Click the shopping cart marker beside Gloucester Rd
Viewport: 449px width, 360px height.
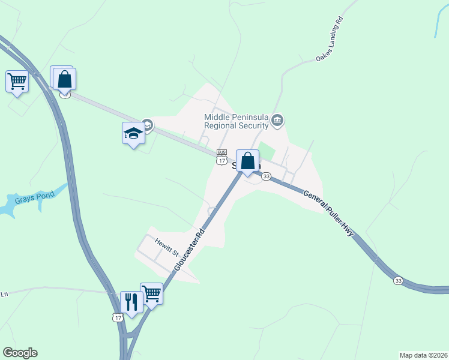[152, 293]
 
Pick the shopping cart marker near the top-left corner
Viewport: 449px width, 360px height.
[17, 81]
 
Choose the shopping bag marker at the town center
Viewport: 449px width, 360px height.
[247, 161]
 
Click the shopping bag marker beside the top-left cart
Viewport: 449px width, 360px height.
[64, 79]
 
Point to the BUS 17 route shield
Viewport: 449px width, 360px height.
[222, 157]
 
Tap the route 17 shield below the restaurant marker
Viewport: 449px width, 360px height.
[117, 317]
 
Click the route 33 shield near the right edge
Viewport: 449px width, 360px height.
[398, 280]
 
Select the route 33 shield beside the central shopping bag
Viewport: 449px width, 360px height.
[266, 176]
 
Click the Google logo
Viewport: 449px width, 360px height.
[20, 353]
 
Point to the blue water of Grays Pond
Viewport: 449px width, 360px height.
[12, 208]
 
